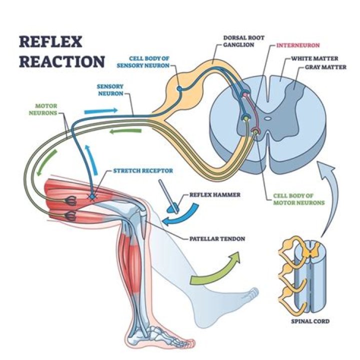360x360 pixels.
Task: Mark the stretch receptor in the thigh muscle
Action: point(91,196)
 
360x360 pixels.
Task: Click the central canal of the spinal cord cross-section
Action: point(268,119)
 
